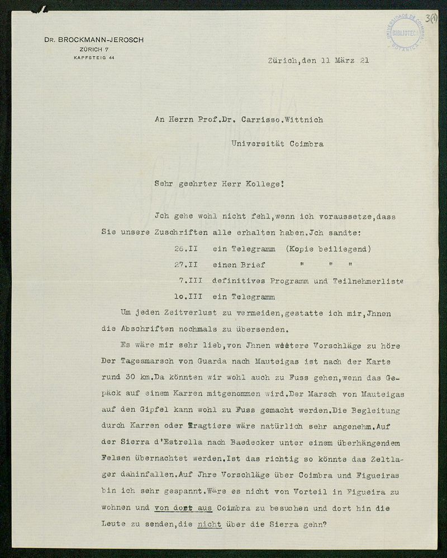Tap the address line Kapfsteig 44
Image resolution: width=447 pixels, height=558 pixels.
tap(94, 58)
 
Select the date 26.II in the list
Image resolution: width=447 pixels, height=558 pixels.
tap(186, 249)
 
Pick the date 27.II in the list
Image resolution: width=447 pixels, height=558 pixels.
tap(186, 265)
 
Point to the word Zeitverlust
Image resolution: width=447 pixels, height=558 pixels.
tap(182, 314)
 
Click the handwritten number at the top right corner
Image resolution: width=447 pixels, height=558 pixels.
tap(432, 18)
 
